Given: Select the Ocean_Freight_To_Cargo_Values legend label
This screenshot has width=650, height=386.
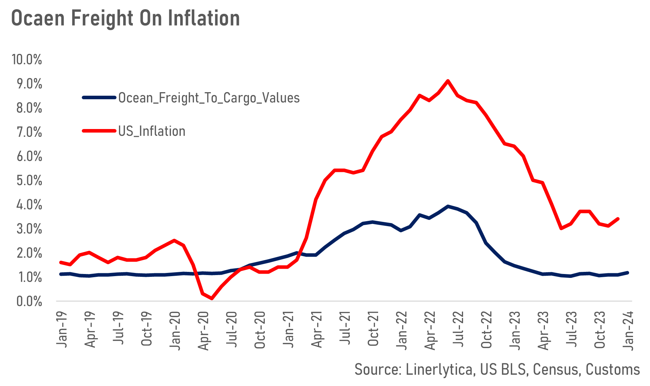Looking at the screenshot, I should coord(209,98).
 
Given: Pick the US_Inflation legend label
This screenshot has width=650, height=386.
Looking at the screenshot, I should coord(152,132).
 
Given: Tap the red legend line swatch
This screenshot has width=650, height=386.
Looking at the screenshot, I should coord(99,131).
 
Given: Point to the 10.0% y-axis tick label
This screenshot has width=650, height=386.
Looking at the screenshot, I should coord(27,60).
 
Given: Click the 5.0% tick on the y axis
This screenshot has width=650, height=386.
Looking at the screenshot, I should coord(29,181).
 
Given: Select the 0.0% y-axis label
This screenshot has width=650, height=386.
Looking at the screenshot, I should coord(29,302).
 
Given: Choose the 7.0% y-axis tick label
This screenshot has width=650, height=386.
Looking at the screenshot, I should coord(29,132).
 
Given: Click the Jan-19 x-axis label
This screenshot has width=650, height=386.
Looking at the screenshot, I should coord(62,330).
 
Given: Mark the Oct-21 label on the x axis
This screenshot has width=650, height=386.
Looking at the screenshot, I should coord(374,330).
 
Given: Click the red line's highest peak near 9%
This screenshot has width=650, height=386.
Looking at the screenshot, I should coord(448,81).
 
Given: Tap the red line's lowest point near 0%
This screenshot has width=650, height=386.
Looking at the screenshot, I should coord(212,298).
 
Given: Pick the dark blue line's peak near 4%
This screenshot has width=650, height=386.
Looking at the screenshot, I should coord(448,206).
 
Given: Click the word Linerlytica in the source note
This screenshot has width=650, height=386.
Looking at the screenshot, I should coord(439,369).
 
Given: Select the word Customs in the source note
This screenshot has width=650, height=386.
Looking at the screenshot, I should coord(612,369).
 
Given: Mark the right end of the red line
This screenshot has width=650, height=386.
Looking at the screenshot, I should coord(618,219).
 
